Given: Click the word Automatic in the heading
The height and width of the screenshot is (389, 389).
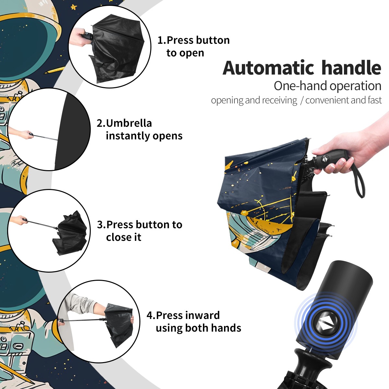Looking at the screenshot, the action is [268, 68].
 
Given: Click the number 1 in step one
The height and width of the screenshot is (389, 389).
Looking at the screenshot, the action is [160, 40].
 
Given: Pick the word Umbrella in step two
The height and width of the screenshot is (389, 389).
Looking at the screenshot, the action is [129, 123].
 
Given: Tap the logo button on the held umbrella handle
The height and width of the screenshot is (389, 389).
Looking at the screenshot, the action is [324, 159].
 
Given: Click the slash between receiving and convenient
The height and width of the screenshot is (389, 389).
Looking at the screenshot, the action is [301, 100].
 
